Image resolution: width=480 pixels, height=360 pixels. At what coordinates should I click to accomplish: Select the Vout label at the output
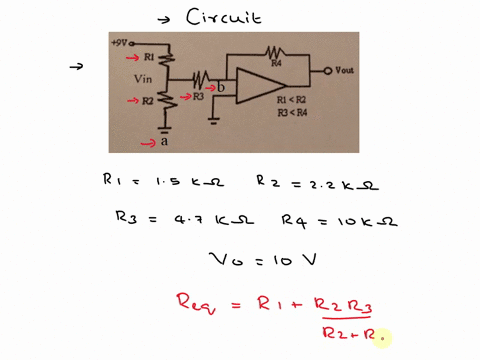pyautogui.click(x=342, y=71)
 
